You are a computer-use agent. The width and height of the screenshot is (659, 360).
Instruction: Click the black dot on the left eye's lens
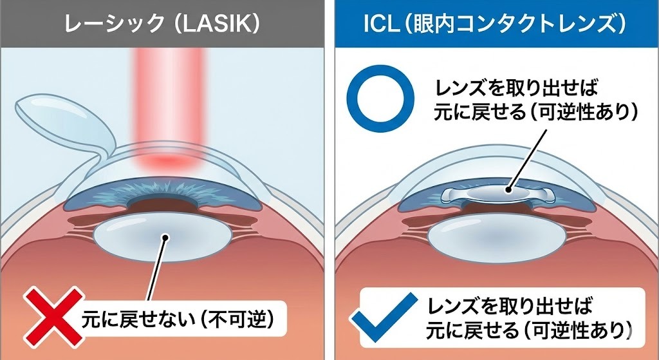point(165,238)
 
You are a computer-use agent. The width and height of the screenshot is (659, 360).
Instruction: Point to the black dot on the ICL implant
point(508,189)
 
